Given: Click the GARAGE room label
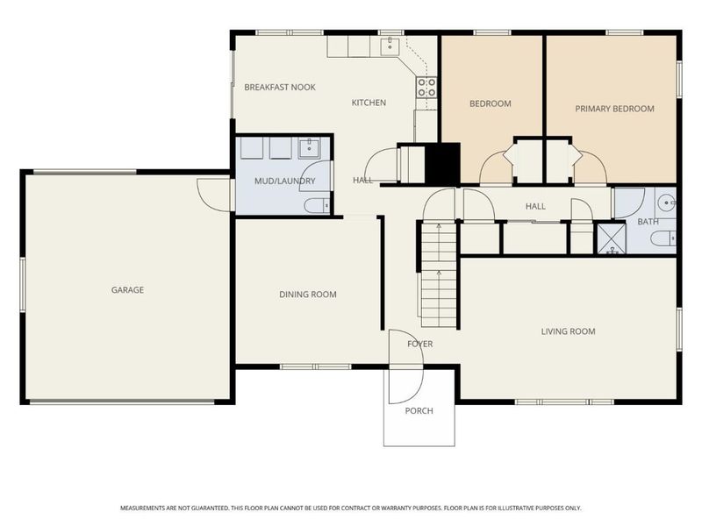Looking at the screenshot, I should point(127,290).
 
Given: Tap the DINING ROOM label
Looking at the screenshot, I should point(308,295).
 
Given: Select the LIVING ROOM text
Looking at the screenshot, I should point(568,331).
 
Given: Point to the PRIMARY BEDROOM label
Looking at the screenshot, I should point(614,109).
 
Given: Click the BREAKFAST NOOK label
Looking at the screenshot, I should point(280,87).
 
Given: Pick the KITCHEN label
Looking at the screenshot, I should point(369,103).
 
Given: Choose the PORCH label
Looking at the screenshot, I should point(419,411).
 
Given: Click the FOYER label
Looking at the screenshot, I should point(419,344).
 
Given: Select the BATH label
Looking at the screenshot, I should point(648,222).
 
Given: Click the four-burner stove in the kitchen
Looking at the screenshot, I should point(427,86).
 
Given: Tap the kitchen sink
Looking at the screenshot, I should point(390,46).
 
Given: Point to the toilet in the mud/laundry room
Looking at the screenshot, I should point(315,206).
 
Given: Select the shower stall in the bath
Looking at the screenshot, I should point(608,238).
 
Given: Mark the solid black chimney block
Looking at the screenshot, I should point(442,163).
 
